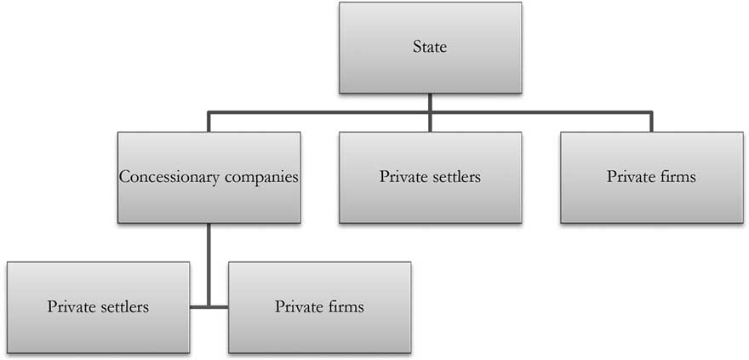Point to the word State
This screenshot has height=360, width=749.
(430, 48)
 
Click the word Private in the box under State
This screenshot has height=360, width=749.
(403, 177)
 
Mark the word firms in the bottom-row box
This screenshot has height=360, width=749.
(346, 306)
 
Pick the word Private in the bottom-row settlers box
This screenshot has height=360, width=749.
(71, 306)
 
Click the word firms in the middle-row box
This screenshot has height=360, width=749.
(678, 177)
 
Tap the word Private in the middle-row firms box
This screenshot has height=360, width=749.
(630, 177)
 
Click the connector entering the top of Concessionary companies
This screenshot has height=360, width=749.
(209, 122)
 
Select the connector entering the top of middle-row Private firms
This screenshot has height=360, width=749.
(651, 122)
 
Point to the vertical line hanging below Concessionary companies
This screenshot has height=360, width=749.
(209, 255)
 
